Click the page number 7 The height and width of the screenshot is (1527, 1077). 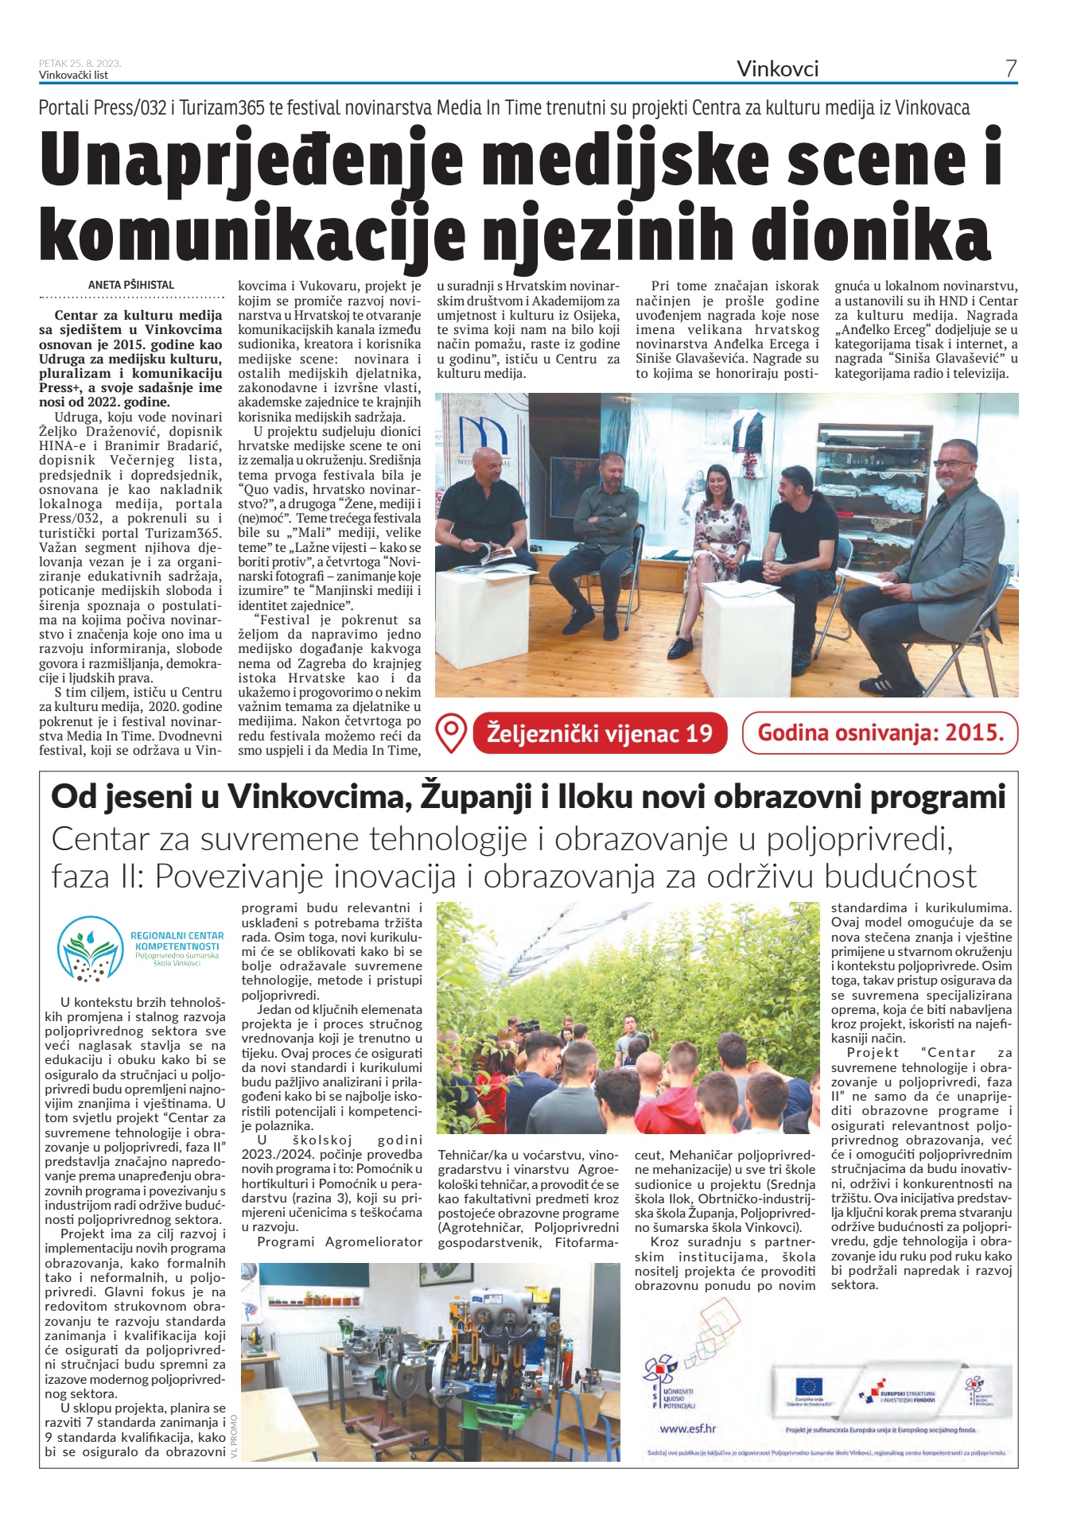pos(1010,69)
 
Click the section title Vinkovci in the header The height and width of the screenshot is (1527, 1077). pos(777,69)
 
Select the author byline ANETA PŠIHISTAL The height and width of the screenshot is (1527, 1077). pos(131,285)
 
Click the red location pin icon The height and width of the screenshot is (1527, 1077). pos(452,733)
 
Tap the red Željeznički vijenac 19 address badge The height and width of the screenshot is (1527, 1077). pos(599,733)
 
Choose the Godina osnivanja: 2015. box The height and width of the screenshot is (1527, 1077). pos(879,733)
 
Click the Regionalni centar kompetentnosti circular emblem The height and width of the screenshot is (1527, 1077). pos(89,948)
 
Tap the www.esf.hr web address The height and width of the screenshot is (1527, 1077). pos(688,1428)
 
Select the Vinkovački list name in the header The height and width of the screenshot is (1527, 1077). pos(73,76)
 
